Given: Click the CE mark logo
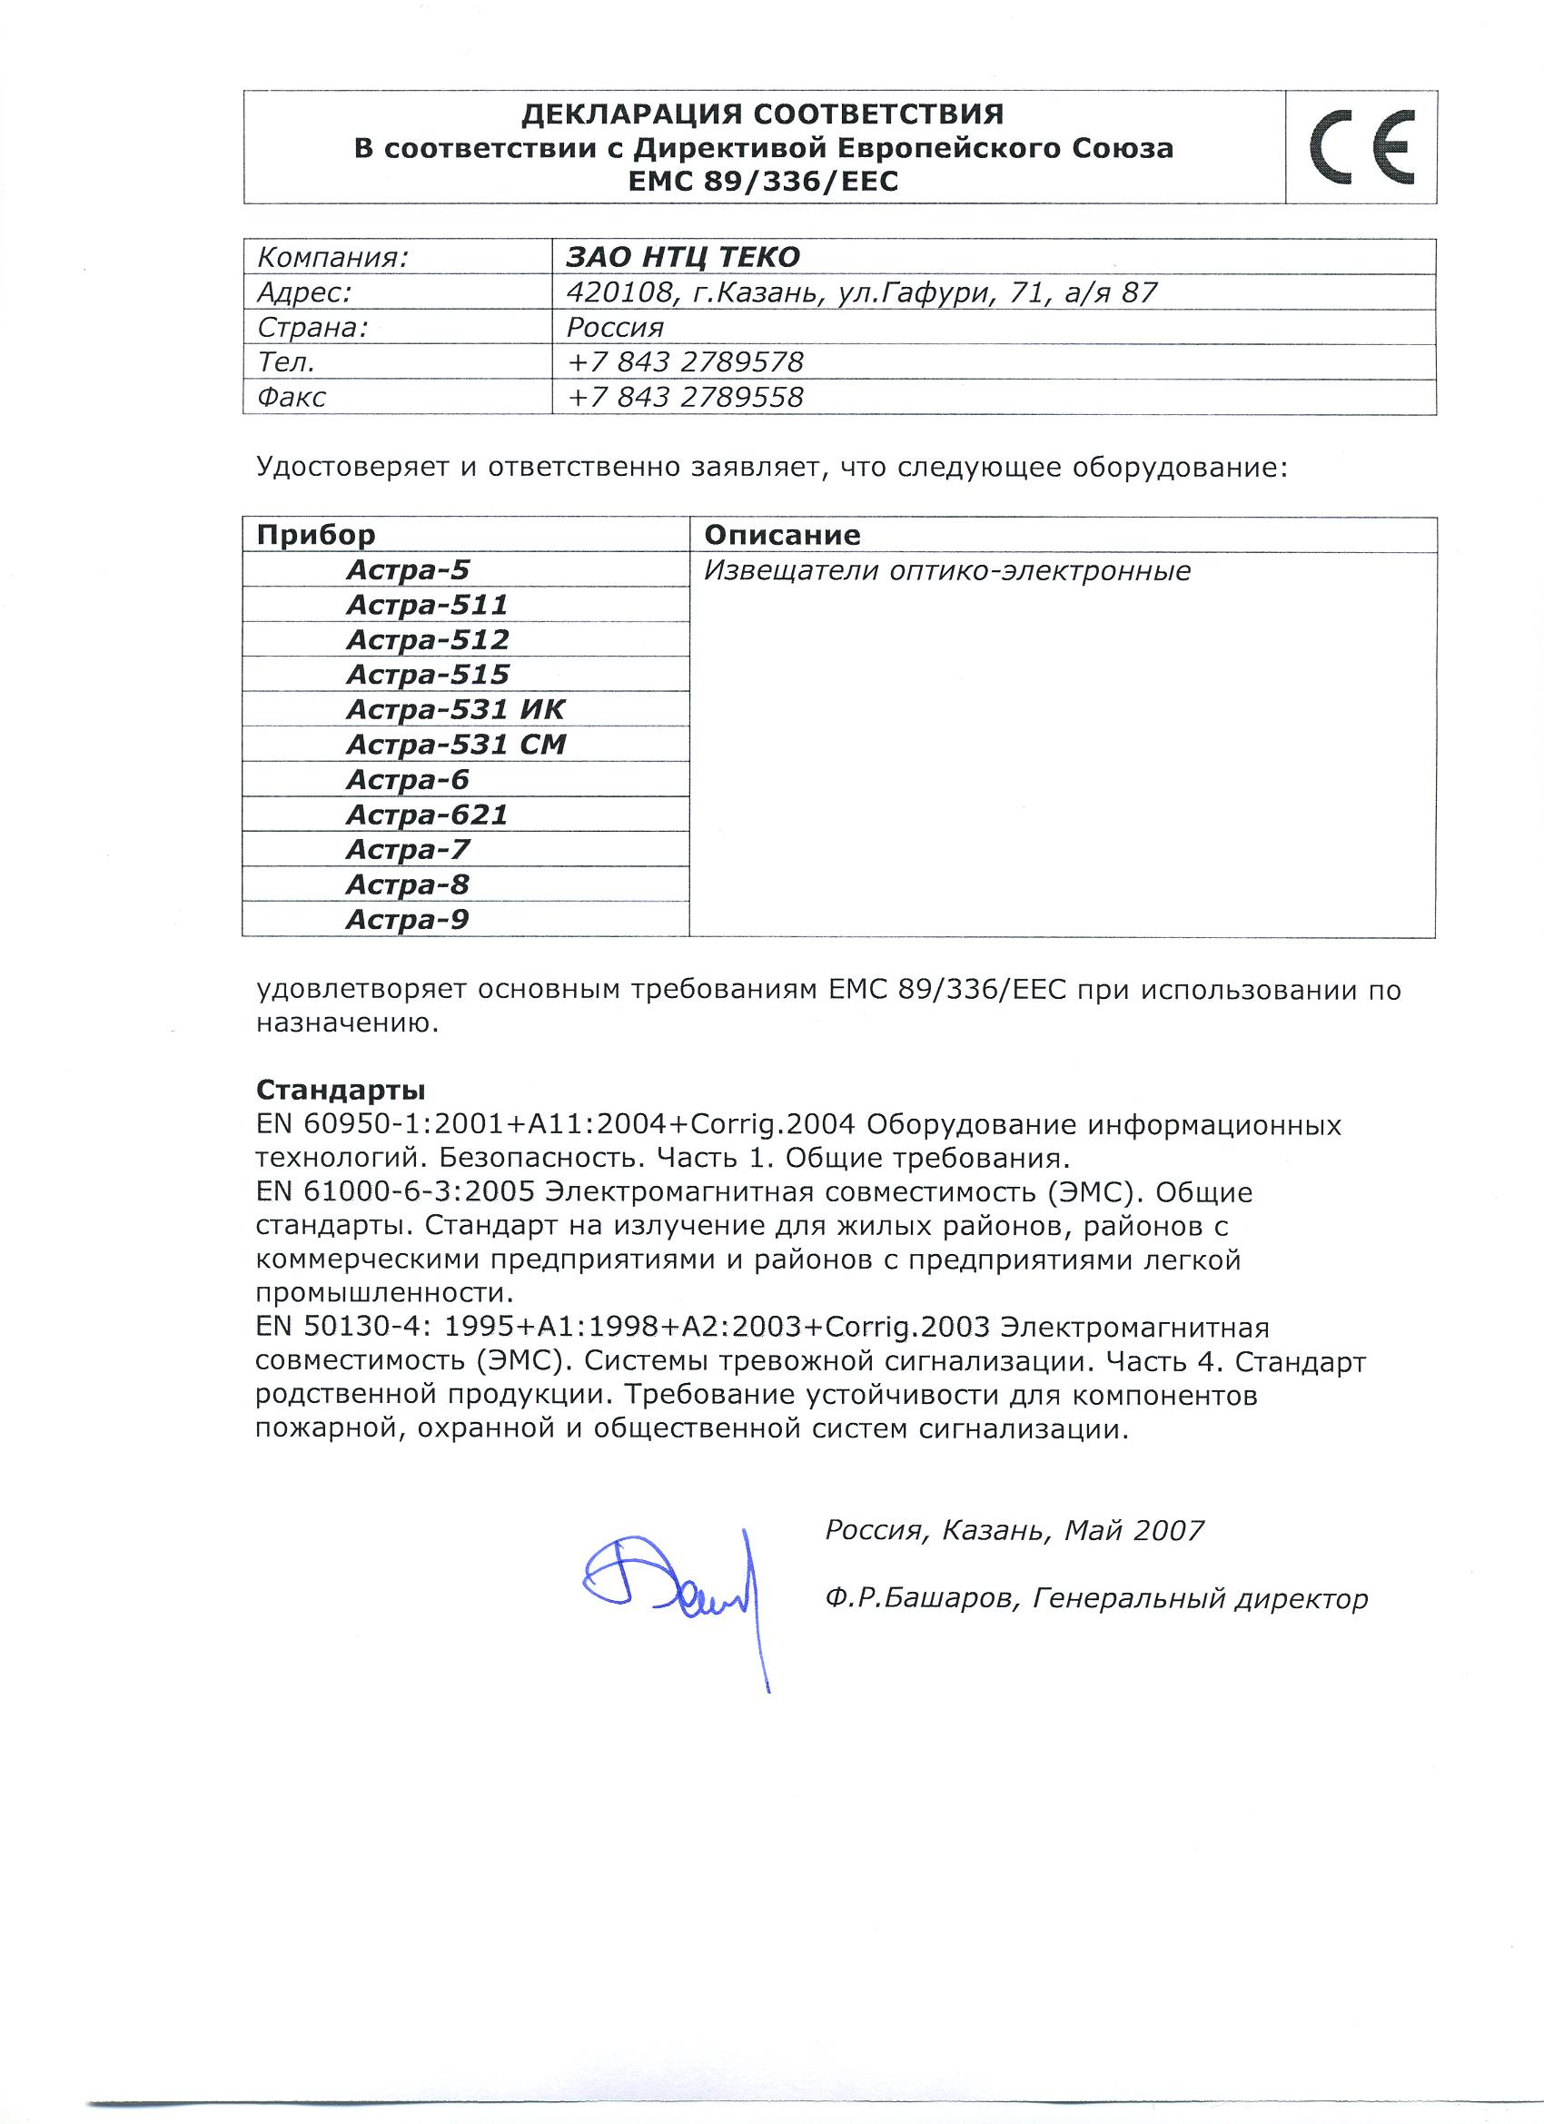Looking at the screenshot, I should [x=1361, y=147].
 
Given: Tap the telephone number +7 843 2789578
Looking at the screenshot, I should [x=685, y=361].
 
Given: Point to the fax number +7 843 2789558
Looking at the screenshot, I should [x=685, y=397].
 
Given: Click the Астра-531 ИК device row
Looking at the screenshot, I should [x=455, y=709].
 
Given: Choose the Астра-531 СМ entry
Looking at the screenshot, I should [x=455, y=745].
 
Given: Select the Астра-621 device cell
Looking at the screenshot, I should [x=426, y=815].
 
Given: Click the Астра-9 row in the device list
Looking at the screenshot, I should [x=407, y=920].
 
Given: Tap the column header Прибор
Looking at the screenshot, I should [x=316, y=535].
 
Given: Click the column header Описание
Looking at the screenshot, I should [x=781, y=535].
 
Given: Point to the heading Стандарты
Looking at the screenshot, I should [x=340, y=1090].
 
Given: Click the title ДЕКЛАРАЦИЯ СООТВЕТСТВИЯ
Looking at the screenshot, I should [x=762, y=114].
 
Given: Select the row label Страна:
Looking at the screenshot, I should [x=312, y=327].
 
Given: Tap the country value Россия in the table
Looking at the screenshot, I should [x=615, y=327].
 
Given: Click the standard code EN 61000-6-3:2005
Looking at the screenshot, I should [x=394, y=1192].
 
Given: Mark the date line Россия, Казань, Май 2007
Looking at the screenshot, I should [x=1014, y=1530].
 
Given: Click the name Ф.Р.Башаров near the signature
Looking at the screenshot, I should [x=920, y=1598].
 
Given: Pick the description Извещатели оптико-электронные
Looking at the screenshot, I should [x=947, y=570].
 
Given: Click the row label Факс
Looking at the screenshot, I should [x=292, y=397].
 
